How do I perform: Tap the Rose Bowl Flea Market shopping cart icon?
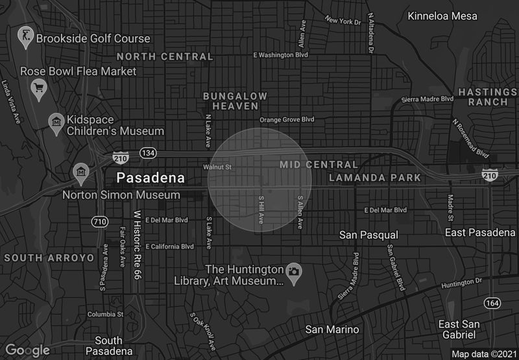[x=38, y=86]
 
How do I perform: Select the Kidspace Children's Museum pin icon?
[x=56, y=121]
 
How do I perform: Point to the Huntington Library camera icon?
[x=294, y=270]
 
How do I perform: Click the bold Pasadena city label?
[x=150, y=177]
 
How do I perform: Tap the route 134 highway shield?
[x=147, y=153]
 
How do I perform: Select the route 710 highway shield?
[x=99, y=222]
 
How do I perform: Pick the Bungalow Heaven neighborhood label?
[x=235, y=101]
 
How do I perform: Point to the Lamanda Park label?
[x=375, y=178]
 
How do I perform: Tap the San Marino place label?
[x=332, y=330]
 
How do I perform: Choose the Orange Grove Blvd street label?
[x=287, y=120]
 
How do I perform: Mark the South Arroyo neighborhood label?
[x=49, y=258]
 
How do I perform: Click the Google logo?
[x=28, y=350]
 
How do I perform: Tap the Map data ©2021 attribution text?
[x=483, y=354]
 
